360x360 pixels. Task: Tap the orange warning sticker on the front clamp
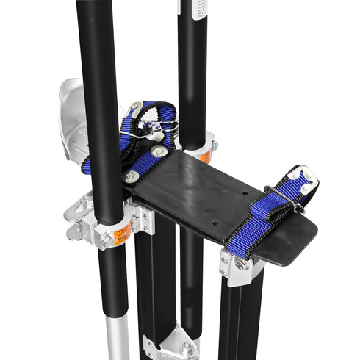click(123, 234)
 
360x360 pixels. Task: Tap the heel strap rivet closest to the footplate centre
click(159, 151)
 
